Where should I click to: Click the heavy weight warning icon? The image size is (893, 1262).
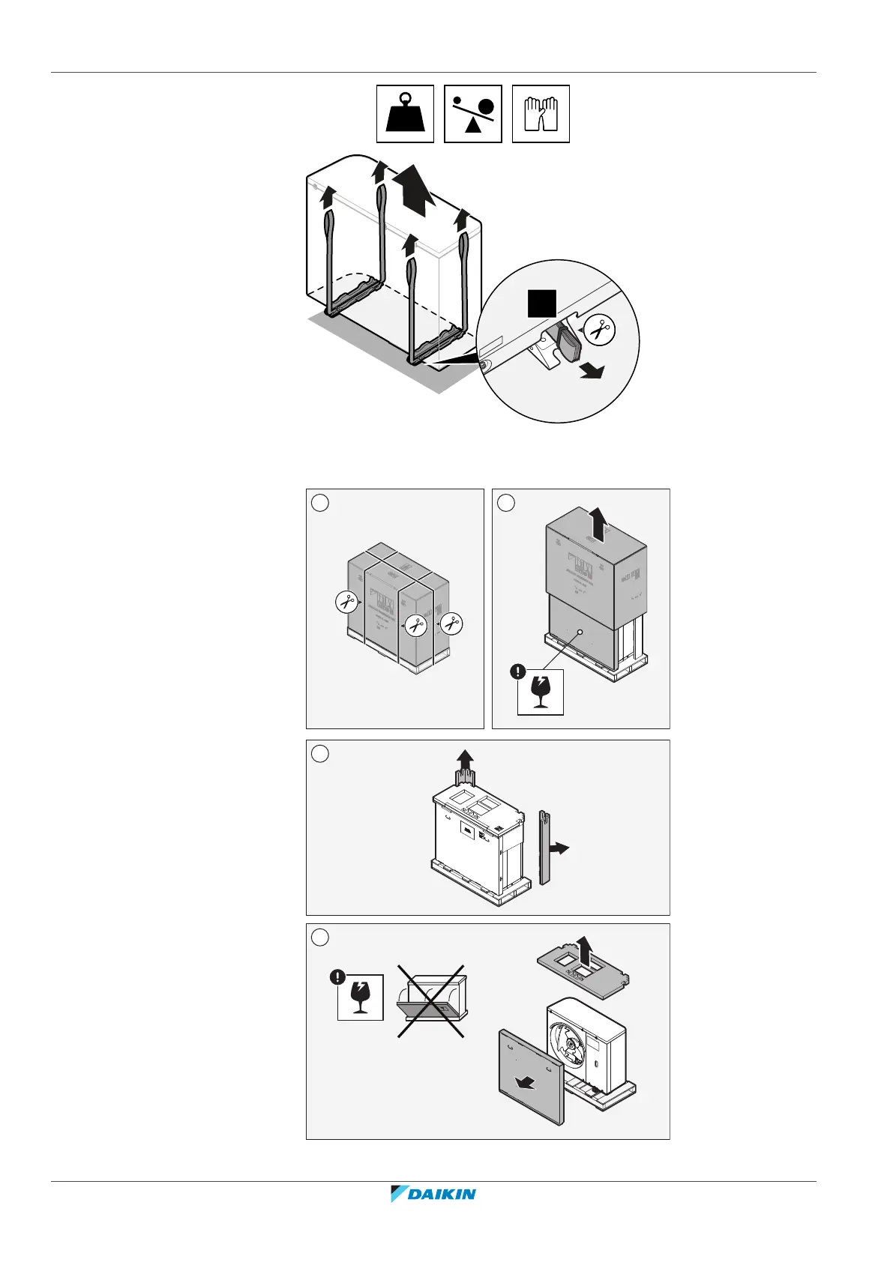[x=405, y=114]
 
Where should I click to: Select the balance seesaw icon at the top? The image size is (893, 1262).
[x=473, y=114]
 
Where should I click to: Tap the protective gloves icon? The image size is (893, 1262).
[x=541, y=114]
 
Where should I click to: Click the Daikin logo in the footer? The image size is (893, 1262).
[x=433, y=1194]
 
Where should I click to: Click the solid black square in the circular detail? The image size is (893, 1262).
[x=542, y=302]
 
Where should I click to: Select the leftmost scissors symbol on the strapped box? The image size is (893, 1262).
[x=346, y=600]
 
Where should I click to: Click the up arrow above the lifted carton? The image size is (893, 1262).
[x=598, y=522]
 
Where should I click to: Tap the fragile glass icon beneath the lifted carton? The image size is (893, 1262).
[x=541, y=692]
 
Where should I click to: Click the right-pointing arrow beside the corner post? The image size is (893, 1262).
[x=559, y=848]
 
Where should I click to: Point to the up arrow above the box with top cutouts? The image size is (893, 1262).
[x=466, y=765]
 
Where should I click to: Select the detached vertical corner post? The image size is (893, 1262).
[x=545, y=848]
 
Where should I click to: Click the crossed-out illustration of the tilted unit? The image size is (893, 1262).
[x=431, y=1001]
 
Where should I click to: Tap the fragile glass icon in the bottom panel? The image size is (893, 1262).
[x=361, y=997]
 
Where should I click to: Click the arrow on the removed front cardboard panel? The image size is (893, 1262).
[x=529, y=1082]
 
